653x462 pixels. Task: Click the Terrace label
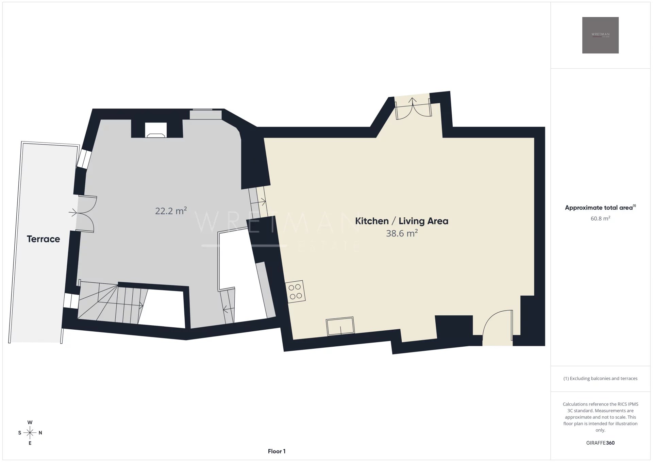[x=43, y=239]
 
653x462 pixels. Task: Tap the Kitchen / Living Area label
[x=402, y=221]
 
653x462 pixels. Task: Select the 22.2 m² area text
[x=171, y=211]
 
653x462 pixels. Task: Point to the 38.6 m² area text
[x=402, y=233]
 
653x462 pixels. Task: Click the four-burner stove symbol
[x=295, y=291]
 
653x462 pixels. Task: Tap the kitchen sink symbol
[x=340, y=326]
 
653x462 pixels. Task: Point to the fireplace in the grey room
[x=156, y=130]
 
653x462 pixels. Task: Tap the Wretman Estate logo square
[x=600, y=35]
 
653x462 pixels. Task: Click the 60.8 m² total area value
[x=600, y=218]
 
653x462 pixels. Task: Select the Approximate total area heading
[x=600, y=208]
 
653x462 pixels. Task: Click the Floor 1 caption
[x=277, y=451]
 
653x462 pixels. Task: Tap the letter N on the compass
[x=40, y=433]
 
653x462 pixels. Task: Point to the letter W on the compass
[x=30, y=422]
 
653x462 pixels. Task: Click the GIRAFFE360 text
[x=600, y=443]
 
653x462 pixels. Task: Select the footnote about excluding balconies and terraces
[x=600, y=378]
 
